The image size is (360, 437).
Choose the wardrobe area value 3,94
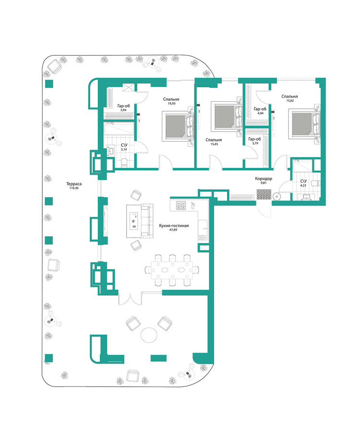pos(123,110)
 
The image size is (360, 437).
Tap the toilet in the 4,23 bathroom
pos(314,183)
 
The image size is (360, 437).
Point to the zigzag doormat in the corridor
pos(264,195)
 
